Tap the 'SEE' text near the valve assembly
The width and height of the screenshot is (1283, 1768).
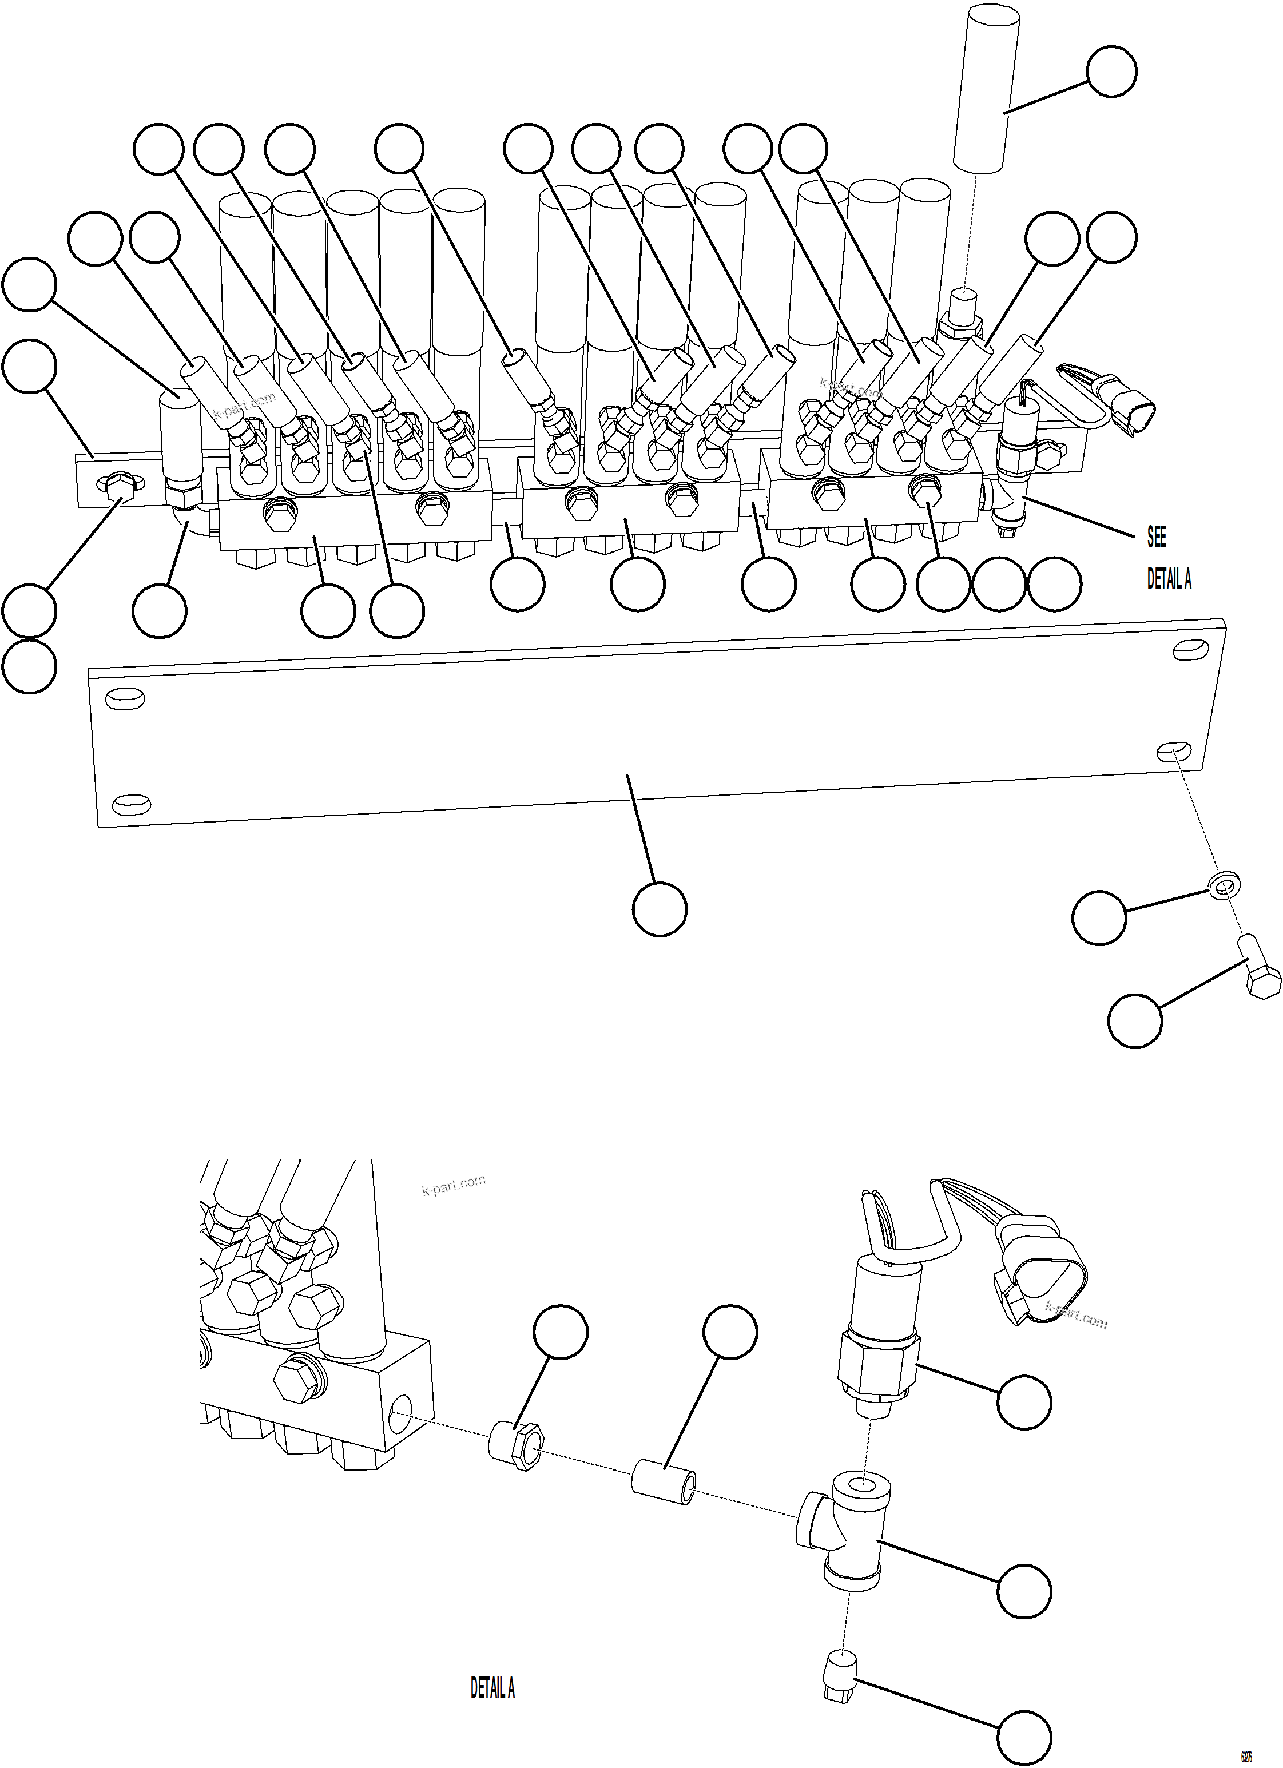[x=1157, y=537]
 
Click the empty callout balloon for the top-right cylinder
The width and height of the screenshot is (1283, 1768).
[x=1111, y=71]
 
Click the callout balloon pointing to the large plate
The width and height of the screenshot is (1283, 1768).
[x=660, y=909]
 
